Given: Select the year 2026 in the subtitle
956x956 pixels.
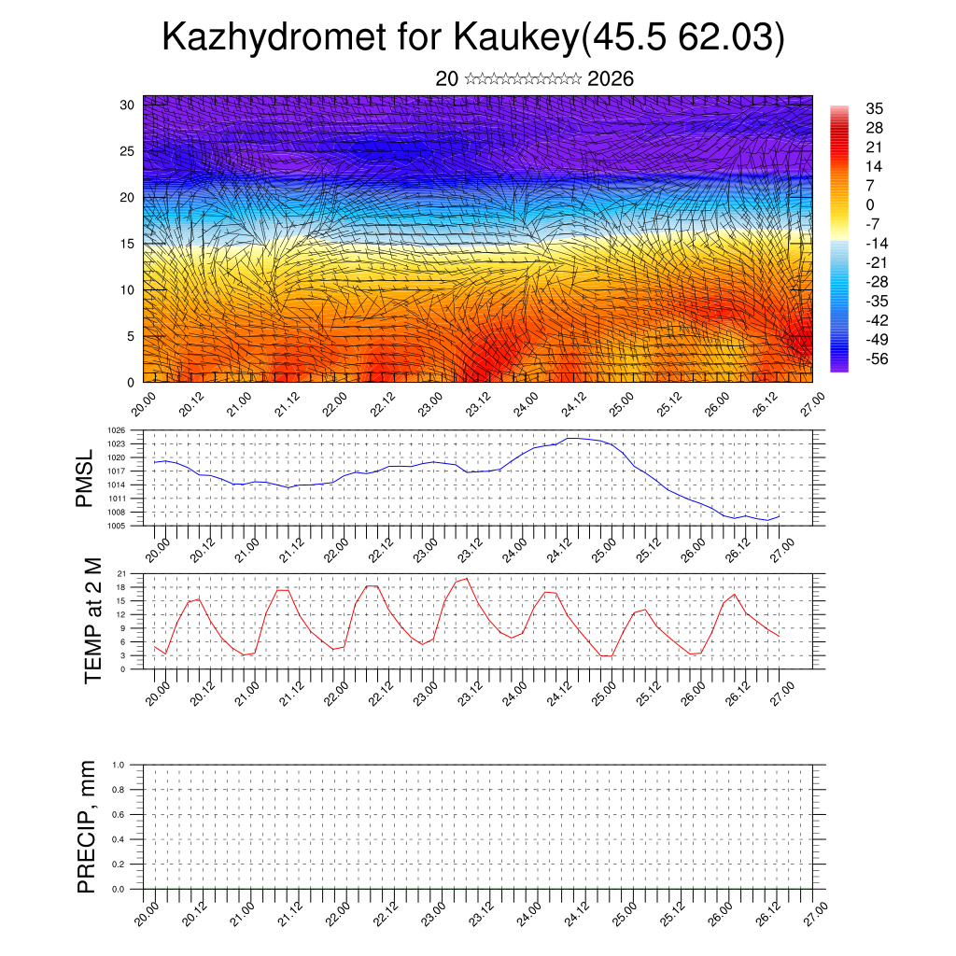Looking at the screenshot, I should [611, 79].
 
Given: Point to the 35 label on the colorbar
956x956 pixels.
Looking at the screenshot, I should [875, 108].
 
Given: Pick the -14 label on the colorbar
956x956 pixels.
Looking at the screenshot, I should [877, 243].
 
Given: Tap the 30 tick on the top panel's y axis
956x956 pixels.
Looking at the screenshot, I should [127, 105].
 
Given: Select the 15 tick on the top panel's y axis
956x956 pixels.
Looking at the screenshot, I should [127, 244].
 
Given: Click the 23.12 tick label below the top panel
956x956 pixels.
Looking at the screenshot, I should [478, 407].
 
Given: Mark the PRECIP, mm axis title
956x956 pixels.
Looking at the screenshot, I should [87, 826].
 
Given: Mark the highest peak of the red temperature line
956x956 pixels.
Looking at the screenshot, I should [467, 579].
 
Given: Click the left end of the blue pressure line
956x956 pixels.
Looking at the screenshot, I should [155, 462].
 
